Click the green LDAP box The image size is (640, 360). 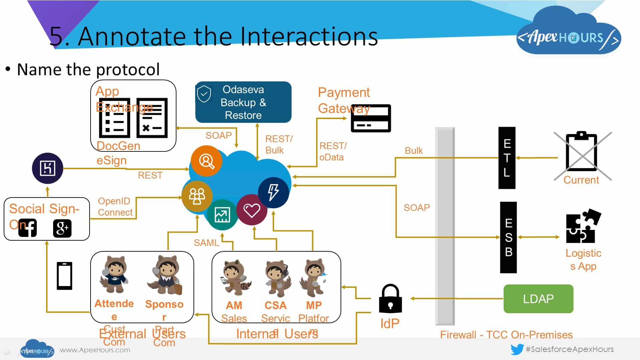click(x=538, y=298)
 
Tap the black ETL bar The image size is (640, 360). click(x=507, y=158)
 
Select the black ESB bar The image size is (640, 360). click(x=508, y=237)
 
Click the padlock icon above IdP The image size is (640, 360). click(x=390, y=298)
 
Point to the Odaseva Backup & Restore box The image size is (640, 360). click(x=243, y=102)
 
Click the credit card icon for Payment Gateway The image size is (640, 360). click(x=371, y=118)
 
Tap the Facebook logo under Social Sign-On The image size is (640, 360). click(x=28, y=228)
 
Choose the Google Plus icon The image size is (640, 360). click(x=62, y=228)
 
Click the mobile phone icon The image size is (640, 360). click(x=65, y=276)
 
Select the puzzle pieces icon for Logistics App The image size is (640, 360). click(x=583, y=226)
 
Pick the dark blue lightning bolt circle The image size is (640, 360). click(x=273, y=192)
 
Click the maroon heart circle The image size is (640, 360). click(x=252, y=210)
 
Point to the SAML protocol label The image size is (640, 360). click(x=206, y=243)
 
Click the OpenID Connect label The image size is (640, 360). click(x=115, y=207)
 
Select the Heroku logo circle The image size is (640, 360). click(x=47, y=168)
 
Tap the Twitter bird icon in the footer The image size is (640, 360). click(x=517, y=350)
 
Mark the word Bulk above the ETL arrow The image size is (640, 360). click(x=413, y=150)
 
